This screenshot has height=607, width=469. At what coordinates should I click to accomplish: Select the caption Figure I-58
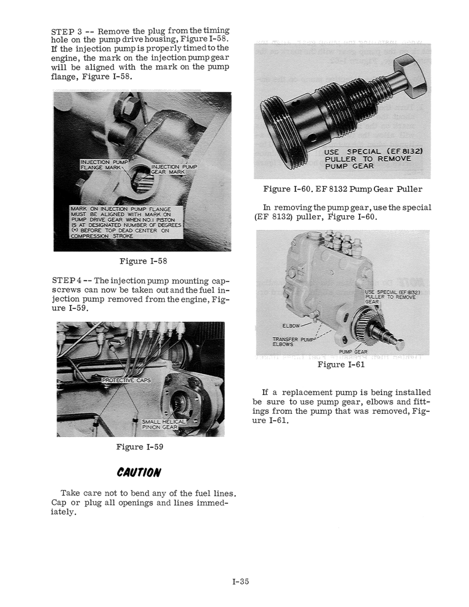[x=143, y=261]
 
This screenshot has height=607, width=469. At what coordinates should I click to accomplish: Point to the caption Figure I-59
[x=140, y=447]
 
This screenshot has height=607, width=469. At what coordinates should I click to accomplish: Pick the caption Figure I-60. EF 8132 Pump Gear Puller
[x=343, y=189]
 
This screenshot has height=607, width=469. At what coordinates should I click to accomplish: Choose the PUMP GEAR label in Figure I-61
[x=354, y=352]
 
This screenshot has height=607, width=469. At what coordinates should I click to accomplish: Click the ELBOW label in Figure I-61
[x=291, y=324]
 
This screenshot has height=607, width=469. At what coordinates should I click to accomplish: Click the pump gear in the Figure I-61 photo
[x=366, y=329]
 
